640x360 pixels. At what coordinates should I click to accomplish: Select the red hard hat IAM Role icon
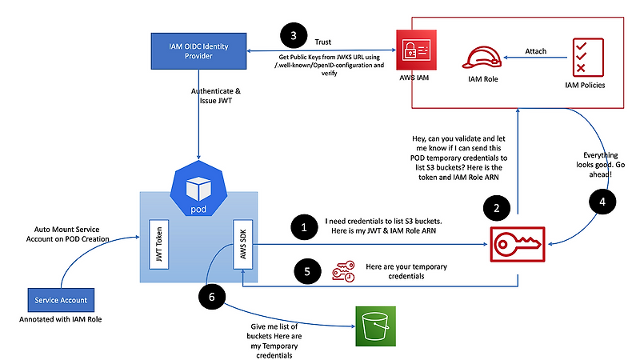[x=482, y=58]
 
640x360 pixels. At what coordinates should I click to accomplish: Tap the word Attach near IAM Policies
[x=536, y=51]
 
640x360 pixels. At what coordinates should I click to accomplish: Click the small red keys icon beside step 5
[x=342, y=271]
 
